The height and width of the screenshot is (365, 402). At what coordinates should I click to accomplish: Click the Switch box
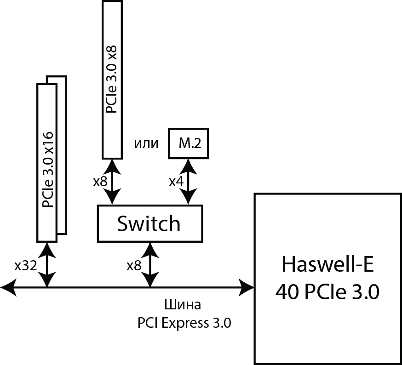coord(149,223)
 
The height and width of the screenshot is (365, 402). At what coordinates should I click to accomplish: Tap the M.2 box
coord(189,143)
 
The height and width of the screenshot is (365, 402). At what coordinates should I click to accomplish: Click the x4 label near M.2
coord(176,182)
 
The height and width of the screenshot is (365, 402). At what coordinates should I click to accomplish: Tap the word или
coord(146,144)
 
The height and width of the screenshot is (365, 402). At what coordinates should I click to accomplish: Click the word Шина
coord(183,305)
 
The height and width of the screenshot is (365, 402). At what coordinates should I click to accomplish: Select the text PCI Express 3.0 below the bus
coord(184,323)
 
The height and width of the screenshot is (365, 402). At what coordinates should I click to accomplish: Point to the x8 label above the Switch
coord(100,182)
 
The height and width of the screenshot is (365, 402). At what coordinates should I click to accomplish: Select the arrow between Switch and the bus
coord(150,265)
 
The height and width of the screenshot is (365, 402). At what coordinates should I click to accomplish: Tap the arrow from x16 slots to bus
coord(47,265)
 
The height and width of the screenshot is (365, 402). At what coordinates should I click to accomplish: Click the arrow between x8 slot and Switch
coord(112,182)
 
